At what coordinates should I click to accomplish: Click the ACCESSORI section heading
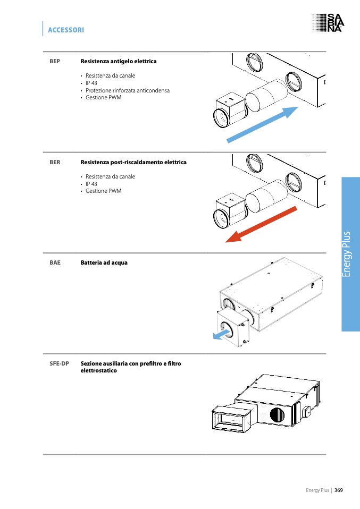pyautogui.click(x=66, y=30)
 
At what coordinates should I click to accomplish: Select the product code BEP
pyautogui.click(x=55, y=61)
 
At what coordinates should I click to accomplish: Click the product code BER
pyautogui.click(x=55, y=162)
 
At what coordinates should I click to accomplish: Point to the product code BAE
pyautogui.click(x=55, y=262)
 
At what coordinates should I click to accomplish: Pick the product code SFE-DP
pyautogui.click(x=59, y=364)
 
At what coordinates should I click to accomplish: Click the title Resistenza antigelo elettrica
pyautogui.click(x=119, y=61)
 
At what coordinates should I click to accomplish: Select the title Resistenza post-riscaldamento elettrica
pyautogui.click(x=133, y=162)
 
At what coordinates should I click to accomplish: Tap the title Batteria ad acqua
pyautogui.click(x=104, y=262)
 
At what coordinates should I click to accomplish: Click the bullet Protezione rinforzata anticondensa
pyautogui.click(x=128, y=90)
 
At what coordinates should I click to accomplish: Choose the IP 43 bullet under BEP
pyautogui.click(x=91, y=83)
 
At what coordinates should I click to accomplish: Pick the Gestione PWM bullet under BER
pyautogui.click(x=103, y=191)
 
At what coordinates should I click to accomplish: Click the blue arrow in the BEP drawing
pyautogui.click(x=263, y=124)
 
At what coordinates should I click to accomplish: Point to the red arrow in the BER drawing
pyautogui.click(x=261, y=224)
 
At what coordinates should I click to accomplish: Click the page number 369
pyautogui.click(x=338, y=490)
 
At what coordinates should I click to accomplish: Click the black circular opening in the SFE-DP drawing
pyautogui.click(x=277, y=414)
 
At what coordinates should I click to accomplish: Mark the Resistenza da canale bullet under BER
pyautogui.click(x=110, y=176)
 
